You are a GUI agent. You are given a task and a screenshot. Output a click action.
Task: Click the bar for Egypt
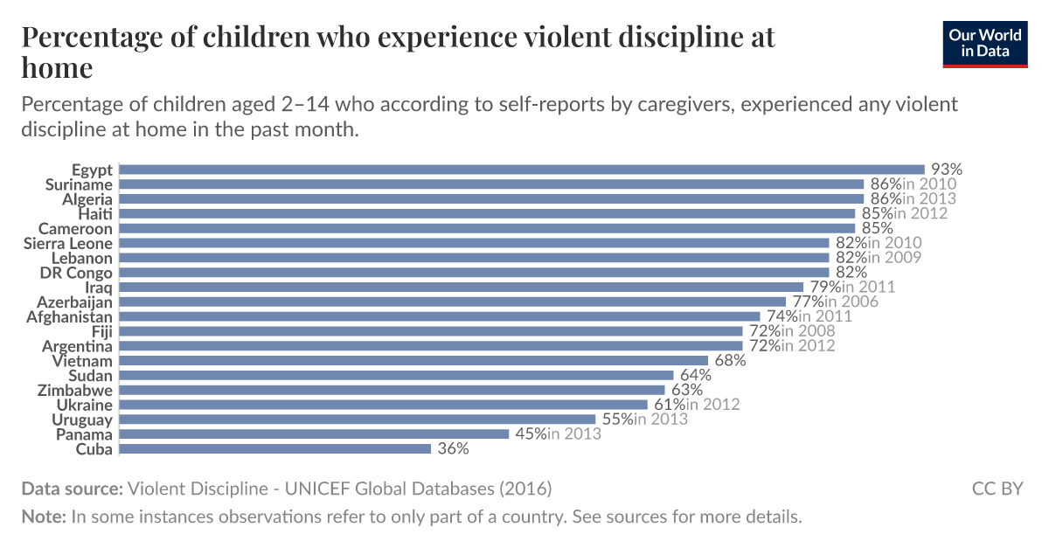pyautogui.click(x=521, y=170)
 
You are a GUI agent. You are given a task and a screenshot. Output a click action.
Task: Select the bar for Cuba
pyautogui.click(x=274, y=448)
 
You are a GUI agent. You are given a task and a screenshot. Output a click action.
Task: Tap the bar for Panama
pyautogui.click(x=313, y=434)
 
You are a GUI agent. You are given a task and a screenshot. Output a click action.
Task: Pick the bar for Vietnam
pyautogui.click(x=413, y=360)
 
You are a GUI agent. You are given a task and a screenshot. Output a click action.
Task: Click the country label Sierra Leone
pyautogui.click(x=68, y=243)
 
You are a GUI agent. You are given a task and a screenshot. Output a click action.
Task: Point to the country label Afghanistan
pyautogui.click(x=70, y=316)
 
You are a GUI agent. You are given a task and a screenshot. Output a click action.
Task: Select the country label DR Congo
pyautogui.click(x=76, y=273)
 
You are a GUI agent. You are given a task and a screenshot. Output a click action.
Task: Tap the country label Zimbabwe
pyautogui.click(x=75, y=390)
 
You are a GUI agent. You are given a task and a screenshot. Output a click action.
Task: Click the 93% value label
pyautogui.click(x=946, y=170)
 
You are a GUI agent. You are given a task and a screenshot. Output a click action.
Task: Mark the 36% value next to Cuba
pyautogui.click(x=454, y=448)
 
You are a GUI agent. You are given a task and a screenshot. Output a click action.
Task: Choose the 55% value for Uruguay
pyautogui.click(x=617, y=420)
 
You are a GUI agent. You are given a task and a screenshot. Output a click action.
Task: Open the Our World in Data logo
pyautogui.click(x=985, y=43)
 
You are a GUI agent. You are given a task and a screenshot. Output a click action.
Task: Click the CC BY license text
pyautogui.click(x=997, y=488)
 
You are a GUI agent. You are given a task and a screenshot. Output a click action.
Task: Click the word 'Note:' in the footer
pyautogui.click(x=44, y=516)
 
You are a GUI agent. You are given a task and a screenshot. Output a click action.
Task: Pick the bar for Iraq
pyautogui.click(x=461, y=287)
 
